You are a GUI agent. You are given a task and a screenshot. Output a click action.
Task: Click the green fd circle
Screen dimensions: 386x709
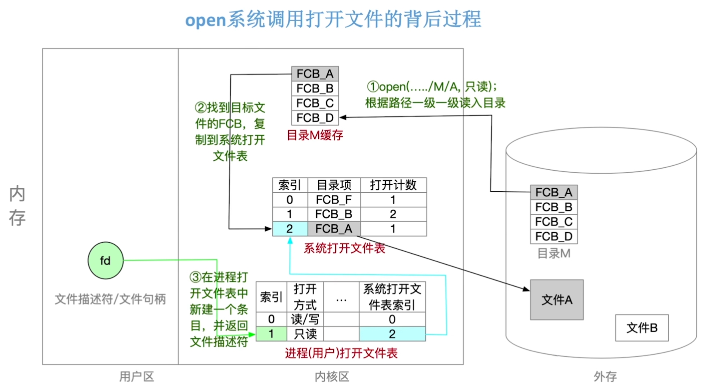pyautogui.click(x=105, y=261)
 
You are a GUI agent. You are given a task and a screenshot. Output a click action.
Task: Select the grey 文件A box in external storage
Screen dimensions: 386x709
pyautogui.click(x=556, y=300)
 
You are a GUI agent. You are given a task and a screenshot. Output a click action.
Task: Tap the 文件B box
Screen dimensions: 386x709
pyautogui.click(x=641, y=327)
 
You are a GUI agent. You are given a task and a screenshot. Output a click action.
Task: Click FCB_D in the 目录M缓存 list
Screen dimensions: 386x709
pyautogui.click(x=315, y=118)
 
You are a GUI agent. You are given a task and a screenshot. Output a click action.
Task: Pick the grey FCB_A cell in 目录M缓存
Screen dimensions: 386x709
pyautogui.click(x=315, y=74)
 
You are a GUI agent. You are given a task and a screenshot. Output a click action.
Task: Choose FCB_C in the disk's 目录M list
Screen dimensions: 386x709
pyautogui.click(x=554, y=222)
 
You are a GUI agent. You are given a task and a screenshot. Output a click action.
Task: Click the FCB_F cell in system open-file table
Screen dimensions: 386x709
pyautogui.click(x=334, y=200)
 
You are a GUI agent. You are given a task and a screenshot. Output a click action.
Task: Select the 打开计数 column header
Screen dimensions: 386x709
pyautogui.click(x=393, y=185)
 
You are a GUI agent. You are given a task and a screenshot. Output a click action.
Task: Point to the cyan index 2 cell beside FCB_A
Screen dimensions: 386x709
pyautogui.click(x=289, y=229)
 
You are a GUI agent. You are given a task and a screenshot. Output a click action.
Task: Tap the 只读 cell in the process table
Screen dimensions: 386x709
pyautogui.click(x=305, y=334)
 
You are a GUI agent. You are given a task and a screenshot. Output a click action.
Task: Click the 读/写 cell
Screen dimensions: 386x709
pyautogui.click(x=305, y=319)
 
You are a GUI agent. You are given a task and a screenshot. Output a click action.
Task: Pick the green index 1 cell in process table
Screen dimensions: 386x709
pyautogui.click(x=271, y=334)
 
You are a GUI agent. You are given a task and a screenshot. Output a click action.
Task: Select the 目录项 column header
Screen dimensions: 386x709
pyautogui.click(x=334, y=185)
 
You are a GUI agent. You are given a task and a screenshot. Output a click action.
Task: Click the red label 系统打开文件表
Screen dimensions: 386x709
pyautogui.click(x=344, y=248)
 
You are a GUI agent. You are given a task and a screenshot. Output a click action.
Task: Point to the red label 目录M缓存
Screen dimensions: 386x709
pyautogui.click(x=315, y=135)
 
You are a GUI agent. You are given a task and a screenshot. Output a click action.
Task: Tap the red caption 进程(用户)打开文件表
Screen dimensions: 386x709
pyautogui.click(x=341, y=353)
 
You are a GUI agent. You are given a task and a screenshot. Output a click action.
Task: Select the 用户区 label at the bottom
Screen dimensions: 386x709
pyautogui.click(x=136, y=377)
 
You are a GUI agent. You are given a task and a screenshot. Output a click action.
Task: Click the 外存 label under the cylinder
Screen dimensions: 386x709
pyautogui.click(x=605, y=377)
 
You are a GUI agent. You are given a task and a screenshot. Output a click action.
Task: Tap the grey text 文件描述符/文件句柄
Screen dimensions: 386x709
pyautogui.click(x=110, y=299)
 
